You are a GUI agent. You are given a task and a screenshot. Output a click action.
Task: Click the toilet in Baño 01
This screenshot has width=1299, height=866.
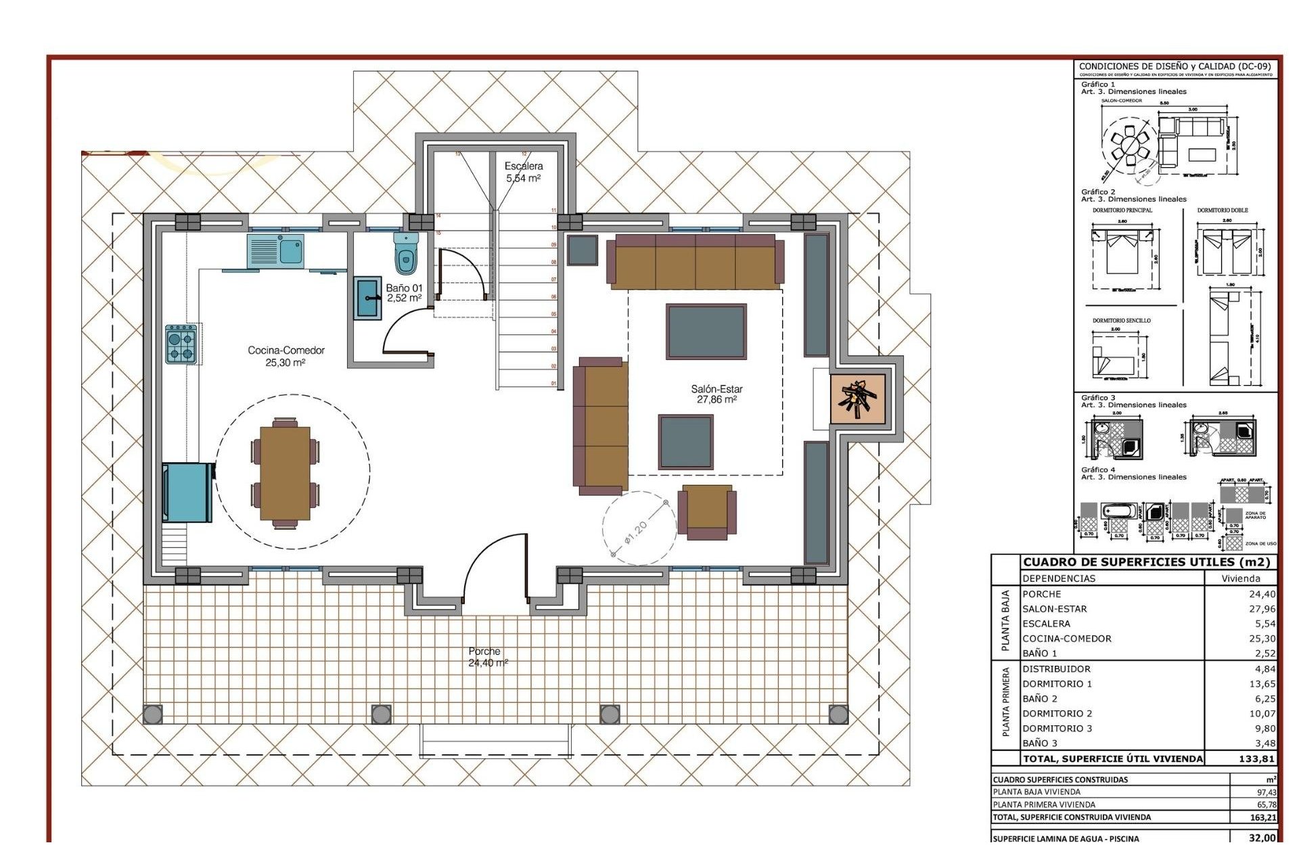pyautogui.click(x=405, y=253)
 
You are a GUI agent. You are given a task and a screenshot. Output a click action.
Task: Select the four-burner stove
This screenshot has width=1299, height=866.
pyautogui.click(x=181, y=344)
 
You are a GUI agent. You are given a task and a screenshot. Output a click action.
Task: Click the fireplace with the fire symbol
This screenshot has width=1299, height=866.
pyautogui.click(x=857, y=399)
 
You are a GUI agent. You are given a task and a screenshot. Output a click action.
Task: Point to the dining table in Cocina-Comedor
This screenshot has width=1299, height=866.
pyautogui.click(x=285, y=473)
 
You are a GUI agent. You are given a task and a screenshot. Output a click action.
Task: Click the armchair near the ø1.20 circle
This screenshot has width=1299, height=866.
pyautogui.click(x=707, y=511)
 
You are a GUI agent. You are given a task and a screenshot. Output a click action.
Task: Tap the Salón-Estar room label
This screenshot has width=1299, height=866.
pyautogui.click(x=716, y=394)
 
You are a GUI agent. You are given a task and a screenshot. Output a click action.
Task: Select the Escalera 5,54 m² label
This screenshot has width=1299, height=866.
pyautogui.click(x=524, y=172)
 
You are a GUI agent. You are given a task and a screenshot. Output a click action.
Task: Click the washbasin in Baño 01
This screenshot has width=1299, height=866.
pyautogui.click(x=368, y=298)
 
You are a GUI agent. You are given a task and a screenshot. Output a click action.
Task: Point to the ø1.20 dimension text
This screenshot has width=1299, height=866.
pyautogui.click(x=636, y=532)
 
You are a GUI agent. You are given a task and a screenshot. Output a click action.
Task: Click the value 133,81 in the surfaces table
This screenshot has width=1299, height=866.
pyautogui.click(x=1256, y=758)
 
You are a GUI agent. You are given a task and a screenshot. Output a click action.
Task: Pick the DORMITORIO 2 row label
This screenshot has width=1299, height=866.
pyautogui.click(x=1057, y=713)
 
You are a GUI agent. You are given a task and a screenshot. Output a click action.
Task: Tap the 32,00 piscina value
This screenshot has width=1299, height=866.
pyautogui.click(x=1262, y=838)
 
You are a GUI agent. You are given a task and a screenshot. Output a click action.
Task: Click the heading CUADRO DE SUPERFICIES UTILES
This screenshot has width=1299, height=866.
pyautogui.click(x=1146, y=562)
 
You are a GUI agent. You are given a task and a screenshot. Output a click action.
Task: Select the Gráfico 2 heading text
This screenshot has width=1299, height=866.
pyautogui.click(x=1098, y=192)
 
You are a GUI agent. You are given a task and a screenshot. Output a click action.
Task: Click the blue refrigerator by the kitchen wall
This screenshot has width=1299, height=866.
pyautogui.click(x=187, y=493)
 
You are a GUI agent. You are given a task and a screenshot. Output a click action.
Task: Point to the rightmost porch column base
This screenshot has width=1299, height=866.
pyautogui.click(x=838, y=714)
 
